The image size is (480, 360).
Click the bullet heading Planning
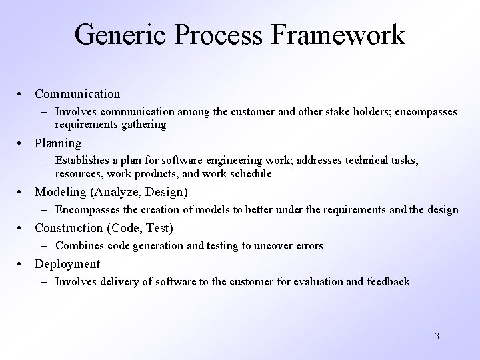click(58, 143)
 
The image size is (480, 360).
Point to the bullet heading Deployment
click(67, 264)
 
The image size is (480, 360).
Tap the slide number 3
click(437, 336)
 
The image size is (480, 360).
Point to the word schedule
click(249, 173)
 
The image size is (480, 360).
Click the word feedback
click(388, 281)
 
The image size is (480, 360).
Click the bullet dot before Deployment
click(23, 264)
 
